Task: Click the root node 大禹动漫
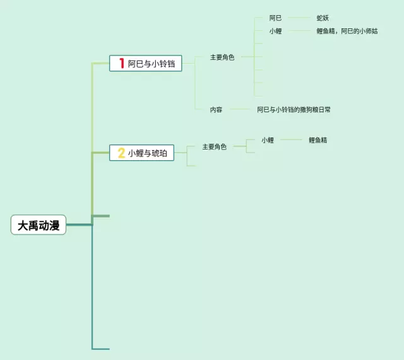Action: point(39,225)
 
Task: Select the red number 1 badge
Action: point(121,63)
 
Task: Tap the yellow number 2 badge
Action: point(121,153)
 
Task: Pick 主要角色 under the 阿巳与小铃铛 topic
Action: point(222,57)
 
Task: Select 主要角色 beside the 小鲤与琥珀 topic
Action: point(214,147)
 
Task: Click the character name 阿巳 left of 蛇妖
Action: point(275,18)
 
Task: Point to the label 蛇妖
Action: point(323,18)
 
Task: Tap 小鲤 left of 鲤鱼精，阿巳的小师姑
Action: point(275,31)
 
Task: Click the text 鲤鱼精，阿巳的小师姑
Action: point(347,31)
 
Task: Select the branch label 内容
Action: point(216,110)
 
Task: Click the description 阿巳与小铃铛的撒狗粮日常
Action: point(294,110)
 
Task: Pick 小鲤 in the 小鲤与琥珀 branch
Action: point(268,140)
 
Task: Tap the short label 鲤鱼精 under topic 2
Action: point(318,140)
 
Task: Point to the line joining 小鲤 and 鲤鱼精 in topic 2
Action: point(291,140)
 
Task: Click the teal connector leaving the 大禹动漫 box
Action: point(79,225)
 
